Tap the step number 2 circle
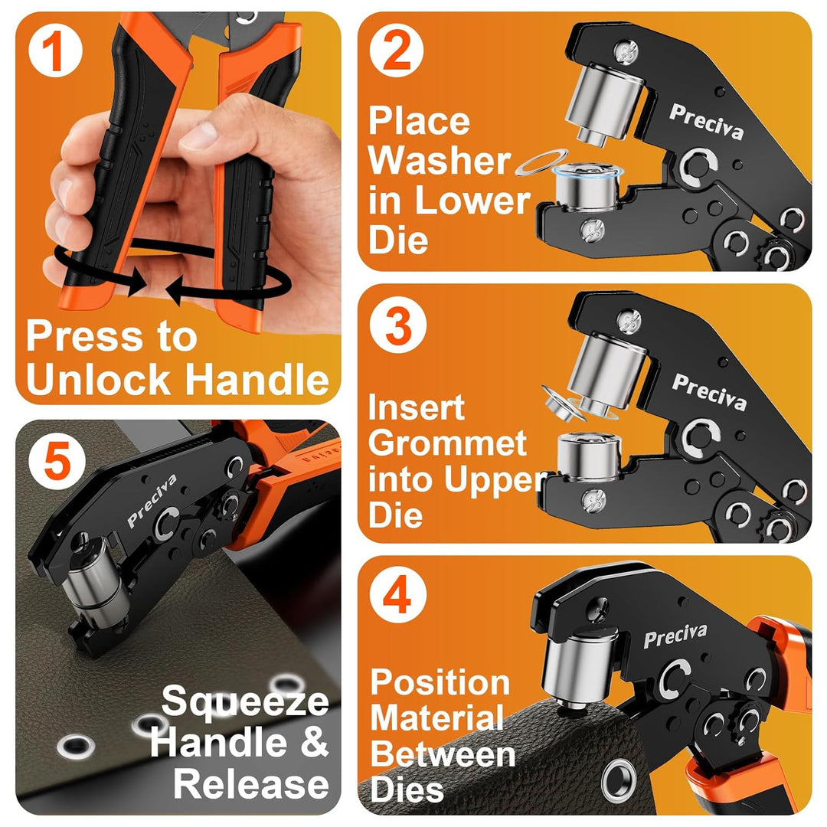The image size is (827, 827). point(397,51)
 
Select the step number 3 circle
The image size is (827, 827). point(398,326)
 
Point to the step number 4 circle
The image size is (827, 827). point(397,594)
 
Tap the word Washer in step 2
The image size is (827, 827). point(440,160)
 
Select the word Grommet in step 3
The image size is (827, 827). point(447,443)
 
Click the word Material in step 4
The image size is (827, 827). point(437,718)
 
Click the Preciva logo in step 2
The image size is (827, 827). point(707,121)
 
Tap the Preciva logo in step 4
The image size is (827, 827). point(675,635)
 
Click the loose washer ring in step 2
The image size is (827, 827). point(541,162)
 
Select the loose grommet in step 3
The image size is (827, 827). point(562,403)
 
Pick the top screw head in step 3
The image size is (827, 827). point(629,321)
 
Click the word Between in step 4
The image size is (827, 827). point(443,754)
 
